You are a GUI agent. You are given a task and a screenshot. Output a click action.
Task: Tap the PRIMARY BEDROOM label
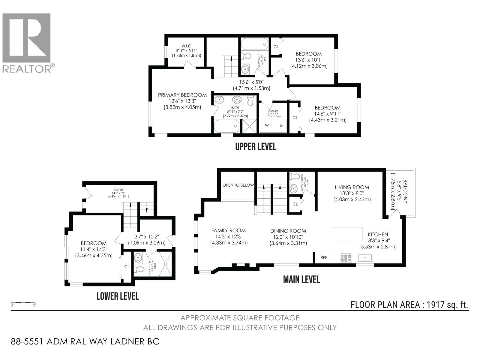pyautogui.click(x=182, y=95)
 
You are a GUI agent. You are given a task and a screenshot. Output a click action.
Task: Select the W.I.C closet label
pyautogui.click(x=186, y=46)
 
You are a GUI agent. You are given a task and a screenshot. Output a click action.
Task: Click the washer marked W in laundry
pyautogui.click(x=266, y=125)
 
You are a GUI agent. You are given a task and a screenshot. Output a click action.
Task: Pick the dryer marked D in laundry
pyautogui.click(x=281, y=125)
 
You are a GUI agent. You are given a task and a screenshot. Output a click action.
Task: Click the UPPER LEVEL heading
pyautogui.click(x=256, y=146)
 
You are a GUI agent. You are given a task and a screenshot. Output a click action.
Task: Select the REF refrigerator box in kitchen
pyautogui.click(x=324, y=257)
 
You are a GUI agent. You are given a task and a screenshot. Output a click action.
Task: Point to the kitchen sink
pyautogui.click(x=365, y=258)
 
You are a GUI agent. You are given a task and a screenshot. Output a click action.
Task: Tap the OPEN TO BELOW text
pyautogui.click(x=238, y=185)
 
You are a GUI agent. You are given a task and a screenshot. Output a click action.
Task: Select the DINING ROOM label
pyautogui.click(x=288, y=231)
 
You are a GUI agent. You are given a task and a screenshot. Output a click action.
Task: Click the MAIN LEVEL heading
pyautogui.click(x=301, y=279)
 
